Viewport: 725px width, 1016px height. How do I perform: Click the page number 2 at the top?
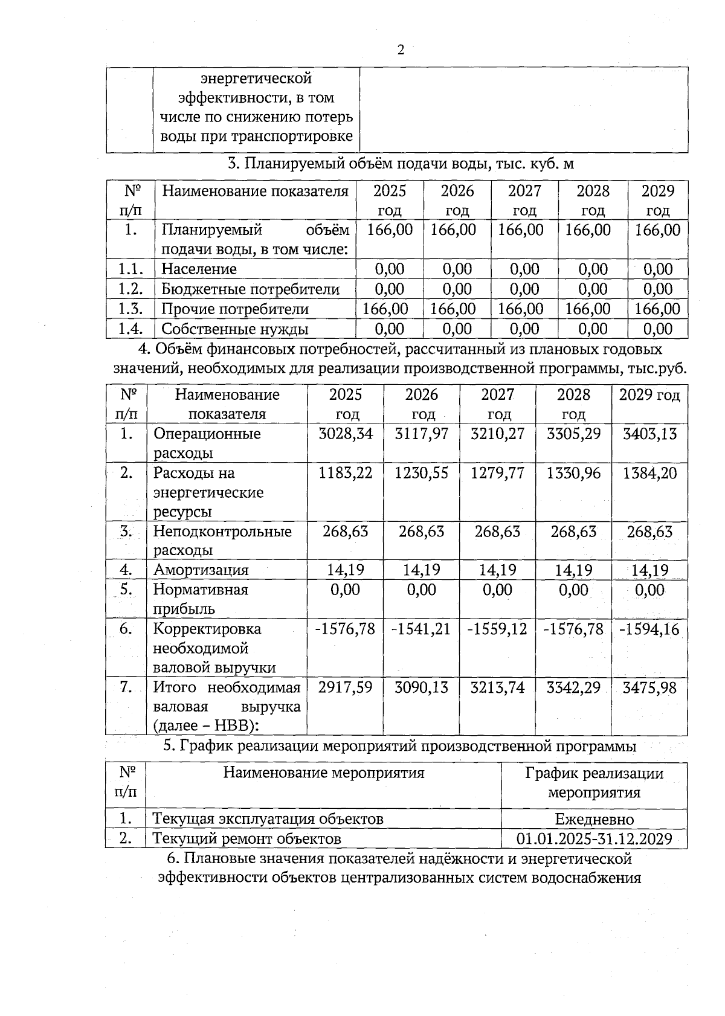tap(401, 50)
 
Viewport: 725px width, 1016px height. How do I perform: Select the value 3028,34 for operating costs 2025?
tap(346, 434)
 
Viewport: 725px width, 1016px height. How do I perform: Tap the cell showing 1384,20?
tap(649, 473)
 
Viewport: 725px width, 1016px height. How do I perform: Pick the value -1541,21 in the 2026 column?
tap(421, 629)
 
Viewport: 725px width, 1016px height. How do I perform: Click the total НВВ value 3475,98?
tap(649, 687)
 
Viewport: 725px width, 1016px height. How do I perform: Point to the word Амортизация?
tap(201, 570)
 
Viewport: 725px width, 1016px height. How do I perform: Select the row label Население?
tap(199, 269)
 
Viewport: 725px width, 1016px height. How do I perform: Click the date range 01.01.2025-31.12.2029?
tap(594, 839)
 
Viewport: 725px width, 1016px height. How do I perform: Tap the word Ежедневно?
tap(594, 820)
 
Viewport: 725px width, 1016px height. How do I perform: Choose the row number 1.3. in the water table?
tap(130, 309)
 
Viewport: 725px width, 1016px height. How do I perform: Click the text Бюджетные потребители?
tap(251, 289)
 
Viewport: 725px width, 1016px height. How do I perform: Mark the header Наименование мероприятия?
tap(323, 773)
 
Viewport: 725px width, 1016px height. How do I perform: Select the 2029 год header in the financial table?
tap(649, 395)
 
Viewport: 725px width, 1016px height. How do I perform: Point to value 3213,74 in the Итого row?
tap(497, 687)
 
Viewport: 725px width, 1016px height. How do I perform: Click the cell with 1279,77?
tap(497, 473)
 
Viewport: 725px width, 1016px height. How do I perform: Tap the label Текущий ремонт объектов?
tap(246, 839)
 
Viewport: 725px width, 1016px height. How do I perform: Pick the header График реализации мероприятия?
tap(594, 782)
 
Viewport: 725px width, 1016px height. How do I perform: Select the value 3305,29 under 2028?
tap(573, 434)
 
